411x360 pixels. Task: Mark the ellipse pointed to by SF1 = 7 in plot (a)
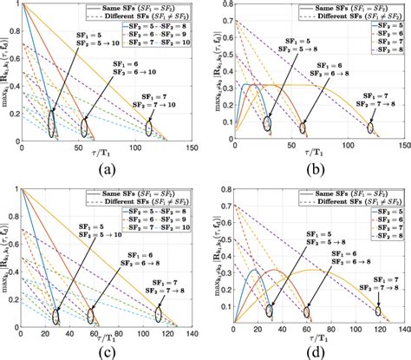pyautogui.click(x=148, y=128)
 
